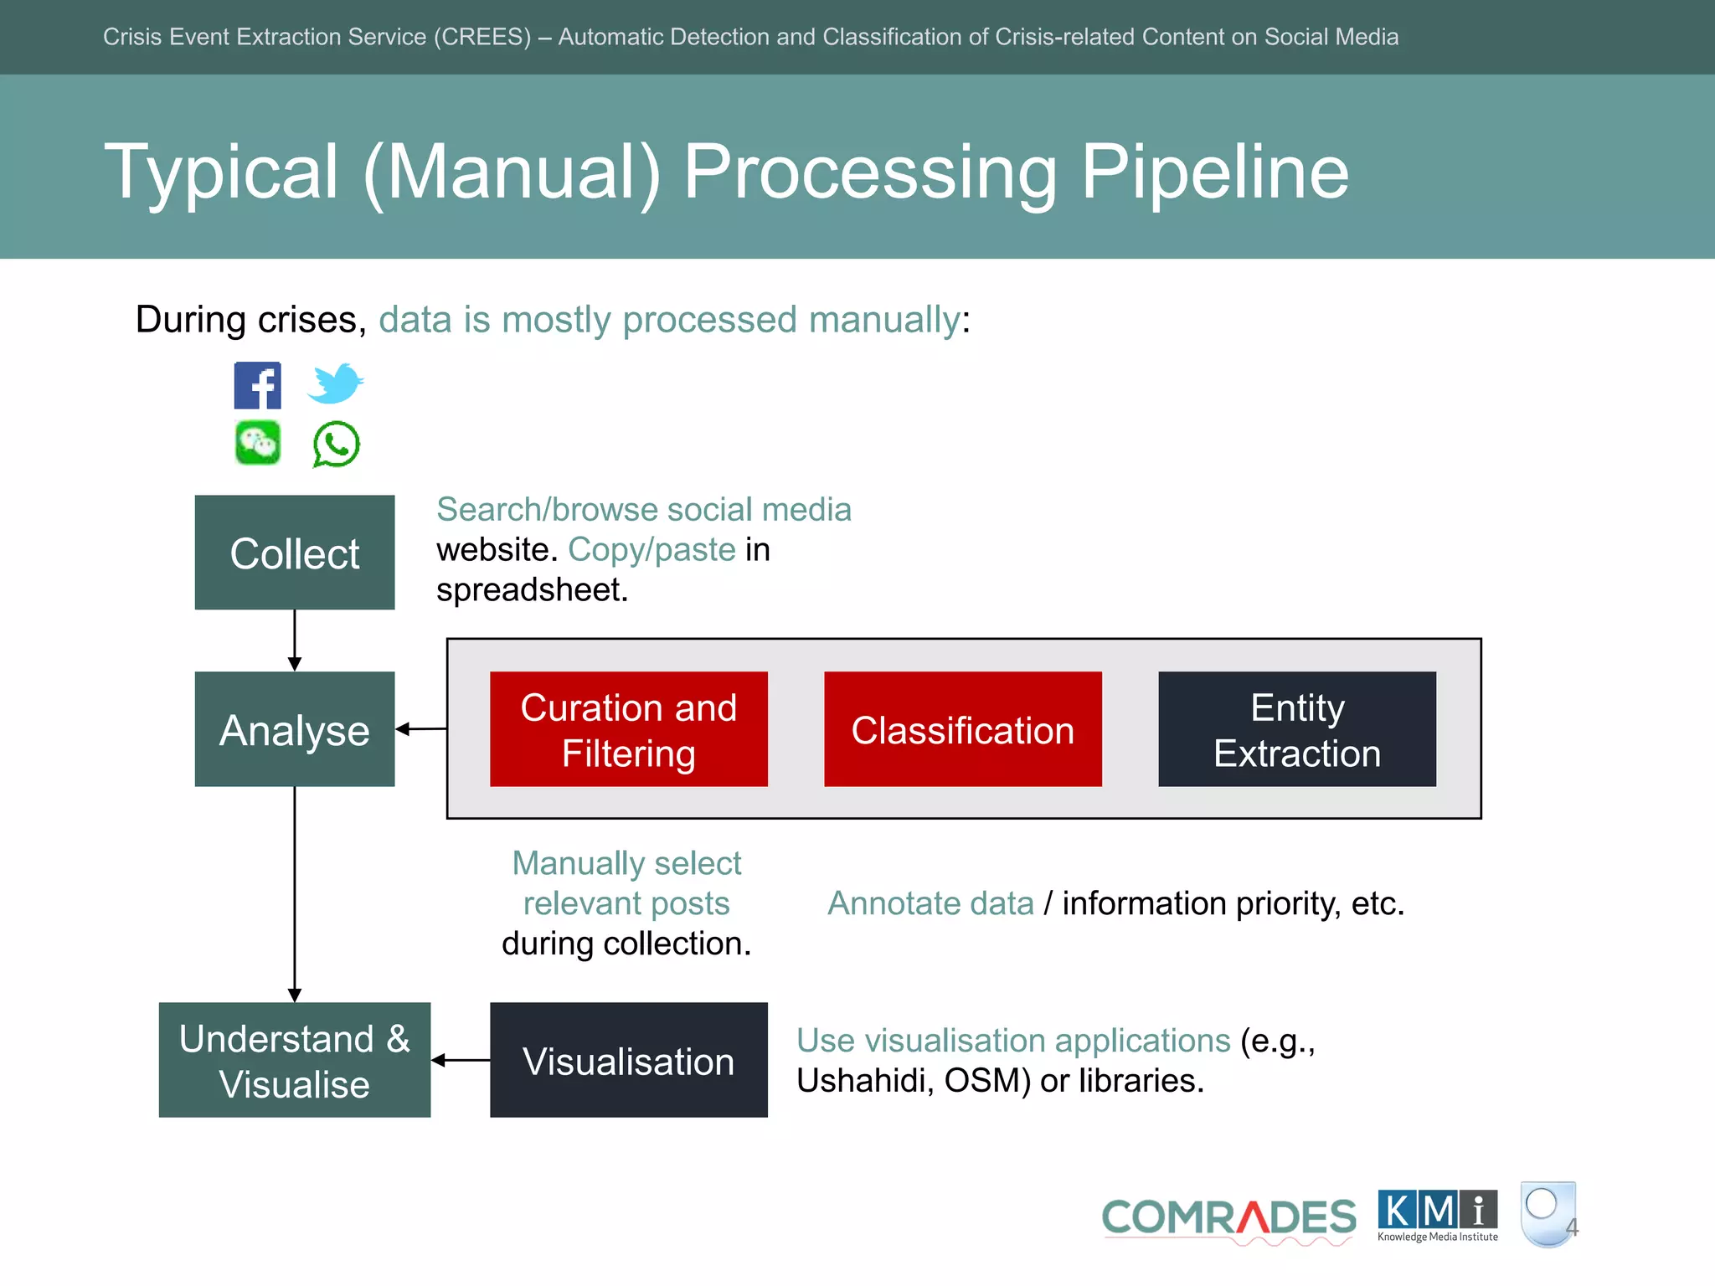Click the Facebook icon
[257, 385]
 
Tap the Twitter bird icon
[335, 383]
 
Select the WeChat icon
[257, 443]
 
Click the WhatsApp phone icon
[336, 444]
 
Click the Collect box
[295, 553]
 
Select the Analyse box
[295, 729]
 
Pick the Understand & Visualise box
[295, 1060]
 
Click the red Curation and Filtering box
[629, 729]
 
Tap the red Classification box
[963, 729]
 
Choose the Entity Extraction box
[1297, 729]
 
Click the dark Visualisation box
[629, 1060]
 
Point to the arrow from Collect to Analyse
[295, 640]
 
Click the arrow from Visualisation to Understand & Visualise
[461, 1060]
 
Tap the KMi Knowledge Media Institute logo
[1438, 1216]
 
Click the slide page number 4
[1573, 1227]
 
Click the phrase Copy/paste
[651, 550]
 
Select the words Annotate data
[930, 903]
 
